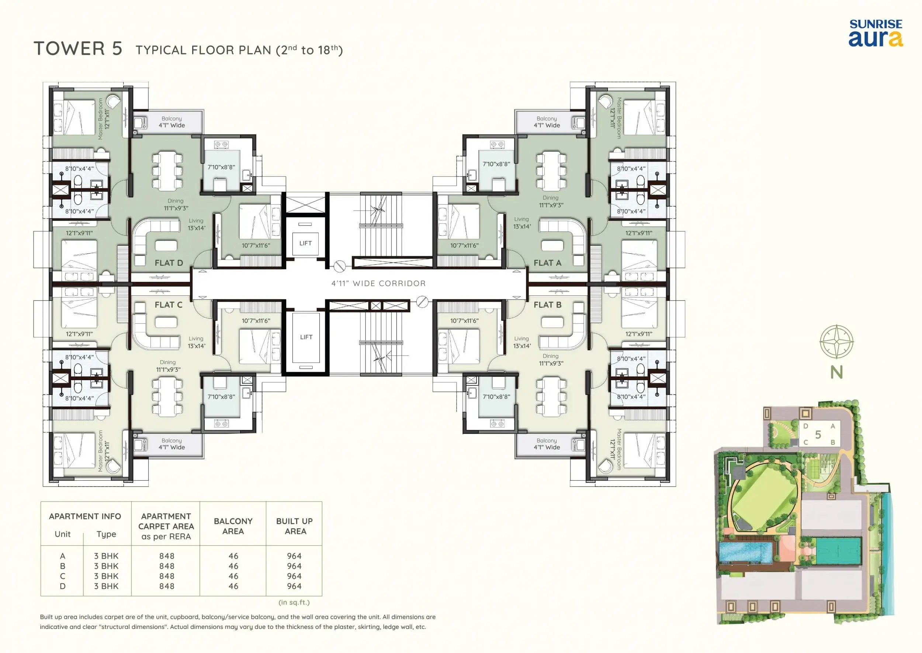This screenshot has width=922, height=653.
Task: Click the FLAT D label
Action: click(x=169, y=263)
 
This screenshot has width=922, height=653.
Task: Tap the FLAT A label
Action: click(x=547, y=263)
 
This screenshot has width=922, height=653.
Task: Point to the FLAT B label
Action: click(x=547, y=305)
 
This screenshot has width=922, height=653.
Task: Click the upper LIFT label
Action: click(x=305, y=243)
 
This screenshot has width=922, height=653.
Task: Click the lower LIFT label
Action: click(x=306, y=337)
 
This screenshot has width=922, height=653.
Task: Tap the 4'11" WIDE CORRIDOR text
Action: click(x=378, y=283)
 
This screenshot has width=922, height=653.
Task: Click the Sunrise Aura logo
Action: click(x=876, y=33)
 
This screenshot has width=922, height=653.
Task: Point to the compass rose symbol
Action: click(x=836, y=342)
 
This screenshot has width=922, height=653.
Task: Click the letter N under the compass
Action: click(x=836, y=372)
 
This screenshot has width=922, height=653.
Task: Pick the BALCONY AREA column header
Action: click(x=233, y=526)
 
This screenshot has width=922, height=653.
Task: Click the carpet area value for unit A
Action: click(x=167, y=556)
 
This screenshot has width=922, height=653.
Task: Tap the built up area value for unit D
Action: click(x=294, y=586)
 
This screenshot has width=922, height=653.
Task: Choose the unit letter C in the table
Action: click(x=63, y=576)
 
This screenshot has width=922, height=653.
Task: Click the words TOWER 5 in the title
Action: click(x=78, y=49)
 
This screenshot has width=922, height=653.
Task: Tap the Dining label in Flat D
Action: click(x=176, y=201)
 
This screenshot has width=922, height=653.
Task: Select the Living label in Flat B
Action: click(x=521, y=338)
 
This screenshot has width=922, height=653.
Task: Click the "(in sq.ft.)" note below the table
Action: click(x=294, y=602)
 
